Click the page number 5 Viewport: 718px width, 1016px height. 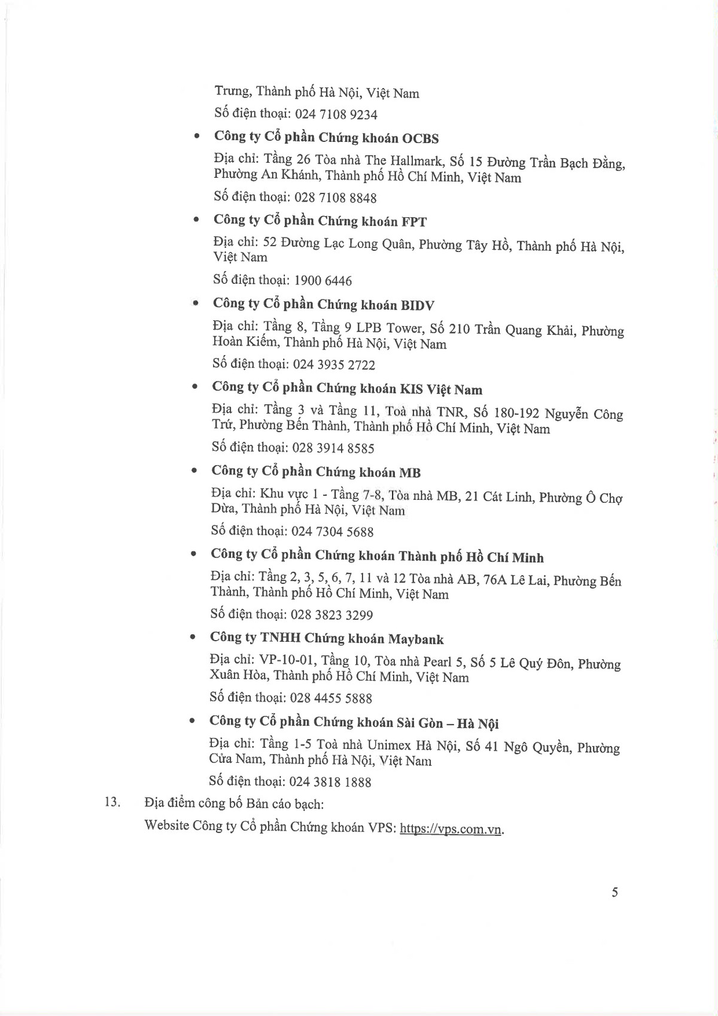point(614,893)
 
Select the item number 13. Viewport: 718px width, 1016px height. point(112,802)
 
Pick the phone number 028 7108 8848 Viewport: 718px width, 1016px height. point(336,198)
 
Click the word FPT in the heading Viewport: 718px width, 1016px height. point(414,222)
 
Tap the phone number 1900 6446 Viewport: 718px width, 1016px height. point(323,281)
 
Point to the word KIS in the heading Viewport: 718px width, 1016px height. point(411,390)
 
